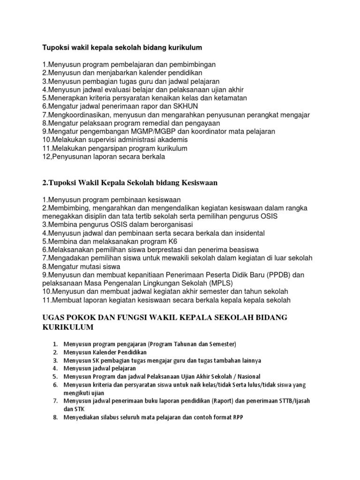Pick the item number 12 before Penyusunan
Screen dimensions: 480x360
tap(47, 157)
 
